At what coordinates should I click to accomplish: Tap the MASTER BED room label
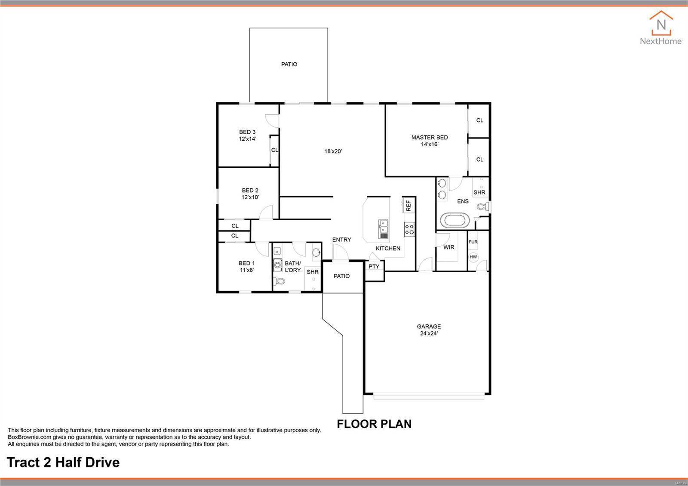point(429,138)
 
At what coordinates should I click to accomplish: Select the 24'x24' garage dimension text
point(429,333)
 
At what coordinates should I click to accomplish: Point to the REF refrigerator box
point(408,205)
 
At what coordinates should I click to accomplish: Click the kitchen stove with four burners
point(409,229)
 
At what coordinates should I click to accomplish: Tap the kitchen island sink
point(383,229)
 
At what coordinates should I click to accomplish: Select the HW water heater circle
point(473,257)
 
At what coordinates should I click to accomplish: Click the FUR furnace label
point(473,242)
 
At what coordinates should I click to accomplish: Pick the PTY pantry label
point(374,267)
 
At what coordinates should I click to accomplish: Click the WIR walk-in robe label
point(448,247)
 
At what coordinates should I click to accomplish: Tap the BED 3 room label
point(247,132)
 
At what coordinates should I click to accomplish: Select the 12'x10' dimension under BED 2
point(250,197)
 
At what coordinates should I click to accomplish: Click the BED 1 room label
point(246,263)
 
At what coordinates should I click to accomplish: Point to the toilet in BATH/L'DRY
point(279,282)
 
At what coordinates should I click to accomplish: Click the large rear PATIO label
point(289,64)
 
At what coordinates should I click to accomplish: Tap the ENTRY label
point(341,240)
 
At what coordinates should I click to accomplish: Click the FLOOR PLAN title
point(374,424)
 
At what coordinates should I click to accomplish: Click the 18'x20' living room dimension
point(333,151)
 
